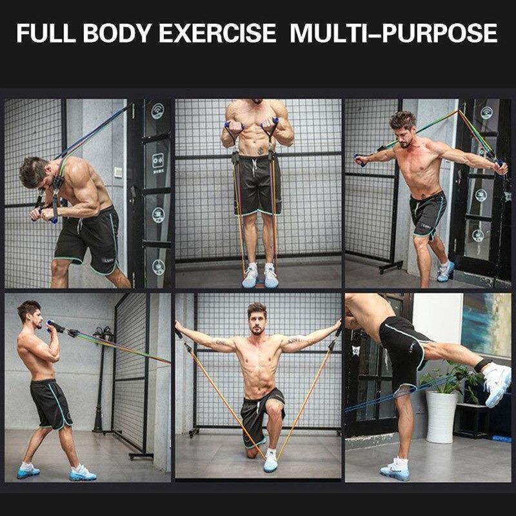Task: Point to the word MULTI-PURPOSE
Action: [393, 33]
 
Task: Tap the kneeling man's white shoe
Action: [272, 459]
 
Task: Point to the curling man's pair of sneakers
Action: [259, 277]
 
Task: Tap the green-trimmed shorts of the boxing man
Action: [51, 403]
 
